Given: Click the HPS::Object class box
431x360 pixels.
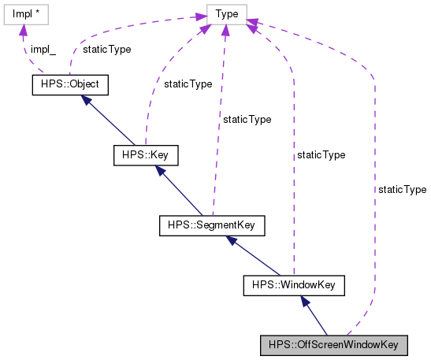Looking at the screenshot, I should [69, 85].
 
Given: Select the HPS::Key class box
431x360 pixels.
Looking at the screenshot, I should [146, 155].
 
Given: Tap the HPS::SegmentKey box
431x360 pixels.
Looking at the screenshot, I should [211, 226].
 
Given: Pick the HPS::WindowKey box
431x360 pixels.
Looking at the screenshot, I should [293, 284].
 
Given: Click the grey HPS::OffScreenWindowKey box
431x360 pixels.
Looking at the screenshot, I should [334, 345].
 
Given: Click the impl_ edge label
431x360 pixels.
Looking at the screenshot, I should [43, 50].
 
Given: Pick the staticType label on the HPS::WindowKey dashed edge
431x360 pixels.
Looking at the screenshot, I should [320, 155].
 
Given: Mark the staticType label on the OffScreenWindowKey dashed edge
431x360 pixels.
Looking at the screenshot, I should [402, 190].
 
